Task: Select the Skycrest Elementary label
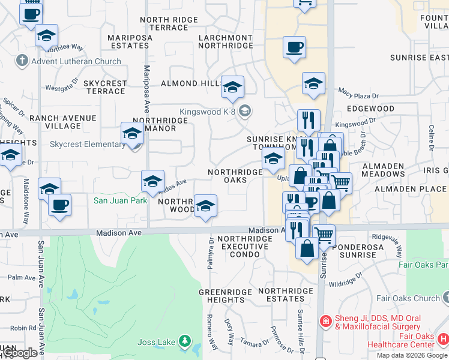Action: coord(88,145)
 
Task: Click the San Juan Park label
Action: coord(120,200)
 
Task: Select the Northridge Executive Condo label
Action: coord(245,247)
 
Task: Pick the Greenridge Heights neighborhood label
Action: coord(221,296)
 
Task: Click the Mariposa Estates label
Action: coord(130,41)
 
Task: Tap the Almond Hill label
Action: coord(190,83)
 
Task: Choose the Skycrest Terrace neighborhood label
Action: coord(106,87)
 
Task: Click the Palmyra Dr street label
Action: coord(211,254)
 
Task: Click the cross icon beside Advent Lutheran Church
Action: coord(23,61)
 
